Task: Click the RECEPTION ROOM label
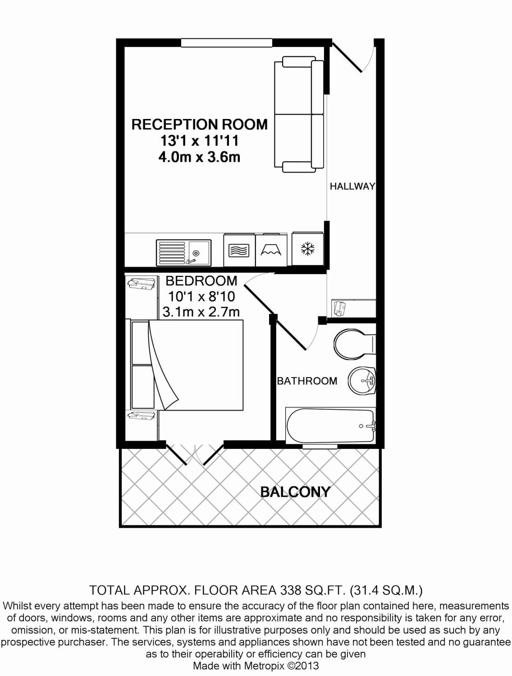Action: point(199,124)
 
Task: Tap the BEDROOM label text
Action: point(201,281)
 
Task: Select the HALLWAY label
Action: point(352,186)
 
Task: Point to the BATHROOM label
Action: point(307,381)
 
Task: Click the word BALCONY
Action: point(295,492)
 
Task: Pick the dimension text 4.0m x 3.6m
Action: point(199,157)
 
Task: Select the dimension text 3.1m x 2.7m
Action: point(201,311)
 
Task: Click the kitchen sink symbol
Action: point(183,252)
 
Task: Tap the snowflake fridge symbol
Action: point(308,249)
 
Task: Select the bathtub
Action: point(330,426)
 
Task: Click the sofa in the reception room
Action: point(299,114)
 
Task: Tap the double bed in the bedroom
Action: point(187,365)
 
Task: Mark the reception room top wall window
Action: point(227,43)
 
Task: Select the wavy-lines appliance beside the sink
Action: point(239,250)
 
